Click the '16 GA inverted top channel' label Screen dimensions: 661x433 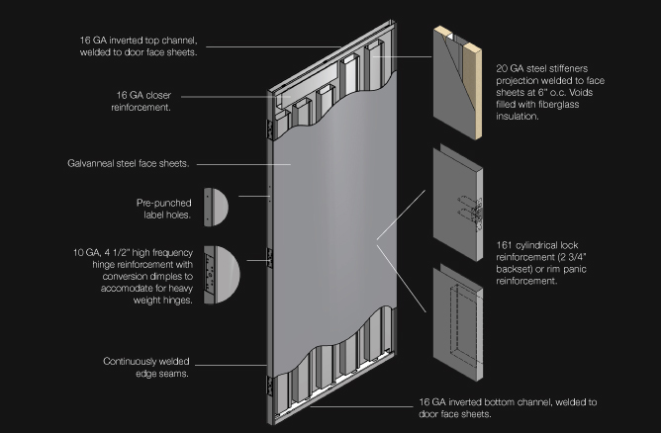pyautogui.click(x=139, y=46)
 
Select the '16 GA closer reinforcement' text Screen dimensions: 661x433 pyautogui.click(x=142, y=101)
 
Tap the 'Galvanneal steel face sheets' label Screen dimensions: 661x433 pyautogui.click(x=129, y=163)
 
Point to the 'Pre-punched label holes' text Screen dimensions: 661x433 pyautogui.click(x=164, y=209)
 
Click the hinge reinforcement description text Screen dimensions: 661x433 pyautogui.click(x=134, y=277)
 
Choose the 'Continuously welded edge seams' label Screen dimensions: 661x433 pyautogui.click(x=146, y=368)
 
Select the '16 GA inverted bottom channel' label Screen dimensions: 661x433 pyautogui.click(x=508, y=407)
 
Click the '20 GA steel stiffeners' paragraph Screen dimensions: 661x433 pyautogui.click(x=550, y=92)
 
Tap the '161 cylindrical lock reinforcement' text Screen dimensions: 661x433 pyautogui.click(x=541, y=263)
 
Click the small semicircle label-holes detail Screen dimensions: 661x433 pyautogui.click(x=216, y=208)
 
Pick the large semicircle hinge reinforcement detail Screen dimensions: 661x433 pyautogui.click(x=222, y=275)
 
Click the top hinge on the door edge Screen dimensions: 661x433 pyautogui.click(x=270, y=130)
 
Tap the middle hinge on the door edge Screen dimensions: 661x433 pyautogui.click(x=270, y=258)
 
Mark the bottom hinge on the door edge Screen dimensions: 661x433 pyautogui.click(x=270, y=387)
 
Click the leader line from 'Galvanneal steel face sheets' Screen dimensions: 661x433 pyautogui.click(x=243, y=164)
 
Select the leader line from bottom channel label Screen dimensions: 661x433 pyautogui.click(x=362, y=407)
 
